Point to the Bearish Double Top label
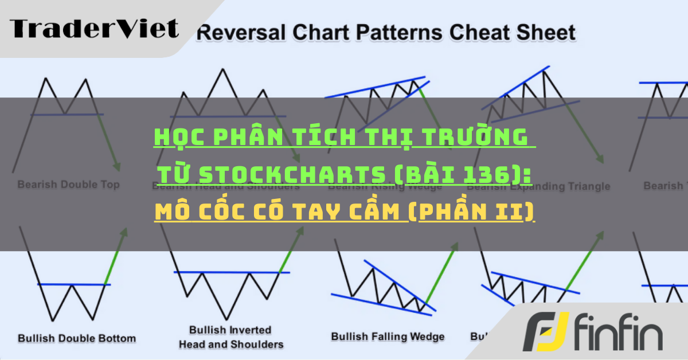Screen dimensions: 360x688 (x=68, y=185)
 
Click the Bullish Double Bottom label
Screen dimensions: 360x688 (x=77, y=338)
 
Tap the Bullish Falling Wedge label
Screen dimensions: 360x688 (x=388, y=336)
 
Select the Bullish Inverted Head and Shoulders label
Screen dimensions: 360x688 (x=231, y=337)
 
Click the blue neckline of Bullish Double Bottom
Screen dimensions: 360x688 (x=73, y=284)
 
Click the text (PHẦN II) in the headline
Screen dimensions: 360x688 (x=471, y=212)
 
